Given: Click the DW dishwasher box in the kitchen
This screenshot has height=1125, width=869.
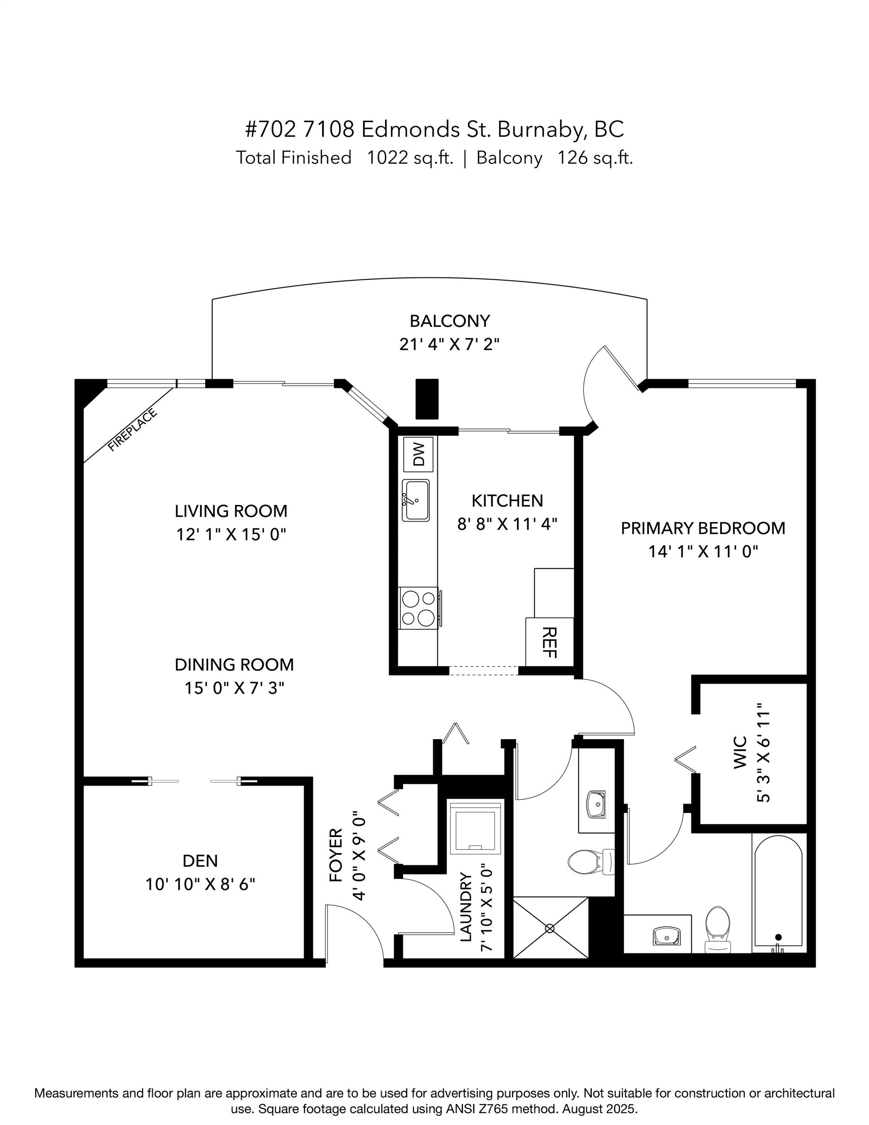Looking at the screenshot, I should tap(418, 454).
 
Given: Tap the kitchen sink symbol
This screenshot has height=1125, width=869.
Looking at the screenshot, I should tap(415, 500).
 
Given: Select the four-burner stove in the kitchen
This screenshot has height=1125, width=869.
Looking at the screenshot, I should tap(418, 608).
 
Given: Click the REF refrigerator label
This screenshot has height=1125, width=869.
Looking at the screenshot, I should tap(550, 643).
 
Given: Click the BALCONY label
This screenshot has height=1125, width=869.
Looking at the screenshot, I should tap(449, 321).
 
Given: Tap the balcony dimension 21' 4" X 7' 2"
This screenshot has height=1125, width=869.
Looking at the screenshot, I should tap(449, 344).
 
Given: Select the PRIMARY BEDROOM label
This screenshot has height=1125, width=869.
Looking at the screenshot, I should tap(703, 528).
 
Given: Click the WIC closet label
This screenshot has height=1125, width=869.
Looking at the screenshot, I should tap(740, 760).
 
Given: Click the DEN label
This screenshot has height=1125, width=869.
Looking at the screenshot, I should tap(200, 860).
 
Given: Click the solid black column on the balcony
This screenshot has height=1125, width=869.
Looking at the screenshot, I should tap(427, 399).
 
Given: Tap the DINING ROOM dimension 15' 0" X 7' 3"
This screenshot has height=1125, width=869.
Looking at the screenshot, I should tap(234, 687).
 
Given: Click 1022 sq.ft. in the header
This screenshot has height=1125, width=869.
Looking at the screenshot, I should tap(410, 158).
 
